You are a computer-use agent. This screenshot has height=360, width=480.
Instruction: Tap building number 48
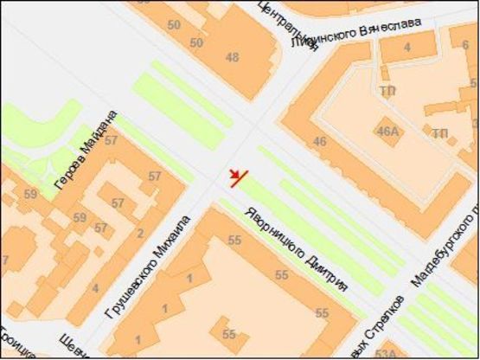232,58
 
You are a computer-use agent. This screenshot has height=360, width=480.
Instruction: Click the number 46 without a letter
320,141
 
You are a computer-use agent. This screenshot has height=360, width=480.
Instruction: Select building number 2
139,233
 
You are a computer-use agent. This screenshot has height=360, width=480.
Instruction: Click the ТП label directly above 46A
386,89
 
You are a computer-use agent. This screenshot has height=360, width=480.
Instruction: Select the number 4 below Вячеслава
406,48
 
